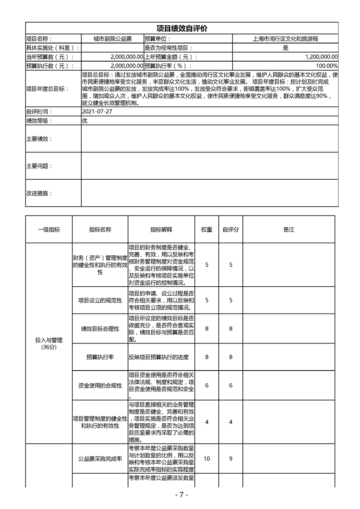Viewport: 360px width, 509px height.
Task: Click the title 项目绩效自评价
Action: [x=182, y=28]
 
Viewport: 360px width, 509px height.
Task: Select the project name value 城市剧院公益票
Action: [x=113, y=39]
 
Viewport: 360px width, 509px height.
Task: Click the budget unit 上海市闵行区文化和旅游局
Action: [x=285, y=39]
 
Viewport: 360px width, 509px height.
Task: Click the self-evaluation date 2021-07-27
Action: [x=97, y=112]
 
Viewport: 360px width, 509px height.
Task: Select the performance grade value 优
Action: [x=84, y=121]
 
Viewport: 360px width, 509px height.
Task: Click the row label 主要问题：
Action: [x=39, y=166]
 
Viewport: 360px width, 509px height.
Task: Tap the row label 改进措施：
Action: [x=39, y=193]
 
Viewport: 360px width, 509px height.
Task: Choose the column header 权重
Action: [x=207, y=230]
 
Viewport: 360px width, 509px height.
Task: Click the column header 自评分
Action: [x=231, y=230]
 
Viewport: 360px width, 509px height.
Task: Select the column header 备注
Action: [x=289, y=230]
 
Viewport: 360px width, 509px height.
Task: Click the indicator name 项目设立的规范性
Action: [x=100, y=300]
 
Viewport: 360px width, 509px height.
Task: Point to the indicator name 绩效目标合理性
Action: [x=100, y=329]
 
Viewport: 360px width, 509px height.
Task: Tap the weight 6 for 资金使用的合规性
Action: [x=207, y=385]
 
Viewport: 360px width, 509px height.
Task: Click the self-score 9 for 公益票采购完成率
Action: [x=231, y=459]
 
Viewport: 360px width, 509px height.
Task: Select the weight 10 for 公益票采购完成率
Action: [x=207, y=459]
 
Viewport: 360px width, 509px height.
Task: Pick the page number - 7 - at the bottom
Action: [x=181, y=495]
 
